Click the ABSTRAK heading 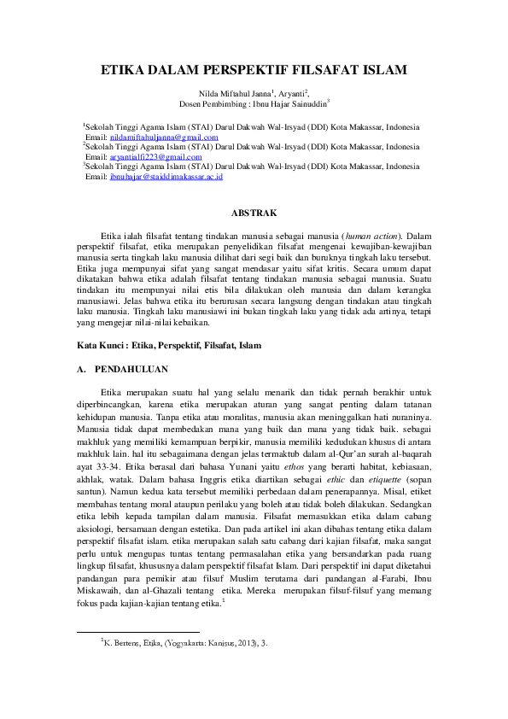click(x=254, y=212)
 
